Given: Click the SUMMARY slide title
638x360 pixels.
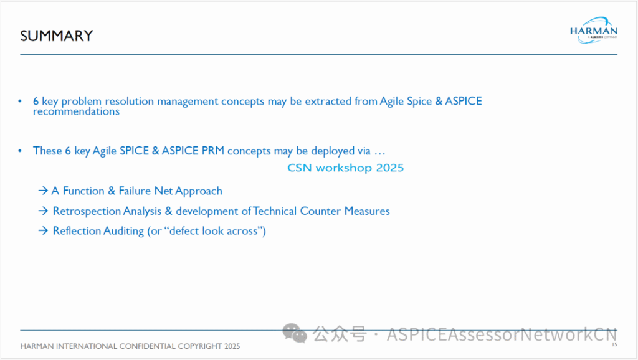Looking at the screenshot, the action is pyautogui.click(x=57, y=36).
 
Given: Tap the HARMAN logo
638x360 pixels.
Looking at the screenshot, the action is pyautogui.click(x=594, y=31).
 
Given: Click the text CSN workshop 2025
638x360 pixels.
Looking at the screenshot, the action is pyautogui.click(x=345, y=168).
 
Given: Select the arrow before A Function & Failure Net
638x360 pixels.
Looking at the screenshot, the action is pyautogui.click(x=43, y=191).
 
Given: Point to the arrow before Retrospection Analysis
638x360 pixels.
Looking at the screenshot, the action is pyautogui.click(x=43, y=211).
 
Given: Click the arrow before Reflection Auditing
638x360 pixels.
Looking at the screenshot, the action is pyautogui.click(x=43, y=230).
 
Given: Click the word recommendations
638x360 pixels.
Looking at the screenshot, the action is pyautogui.click(x=76, y=111).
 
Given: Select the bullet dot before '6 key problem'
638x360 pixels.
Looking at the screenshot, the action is pyautogui.click(x=20, y=101).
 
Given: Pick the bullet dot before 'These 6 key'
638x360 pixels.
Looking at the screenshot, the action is pyautogui.click(x=20, y=151).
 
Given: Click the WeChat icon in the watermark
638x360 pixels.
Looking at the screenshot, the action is pyautogui.click(x=295, y=333).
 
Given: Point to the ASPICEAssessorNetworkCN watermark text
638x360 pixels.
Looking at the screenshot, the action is pyautogui.click(x=502, y=334).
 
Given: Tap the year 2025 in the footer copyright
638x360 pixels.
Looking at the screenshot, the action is pyautogui.click(x=232, y=346).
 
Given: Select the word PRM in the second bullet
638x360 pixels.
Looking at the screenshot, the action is pyautogui.click(x=213, y=151).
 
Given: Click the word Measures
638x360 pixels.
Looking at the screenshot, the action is pyautogui.click(x=367, y=211).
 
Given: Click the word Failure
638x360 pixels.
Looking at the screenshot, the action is pyautogui.click(x=135, y=191).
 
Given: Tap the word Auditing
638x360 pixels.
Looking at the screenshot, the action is pyautogui.click(x=124, y=231).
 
